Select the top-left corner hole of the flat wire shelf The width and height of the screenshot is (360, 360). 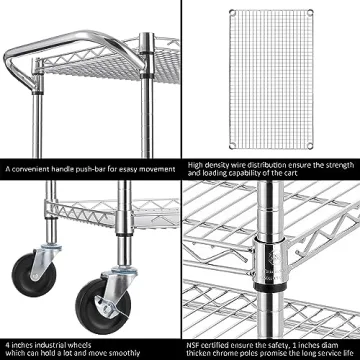[x=233, y=11]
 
